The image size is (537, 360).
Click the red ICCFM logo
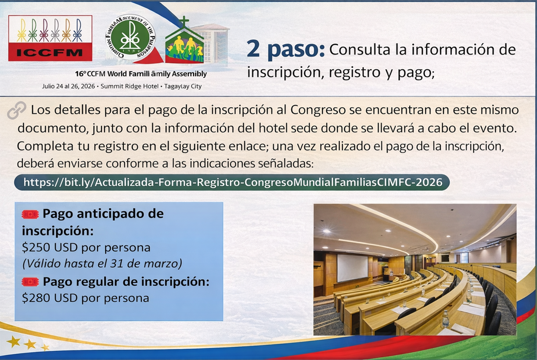click(x=50, y=38)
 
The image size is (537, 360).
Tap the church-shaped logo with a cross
click(x=184, y=42)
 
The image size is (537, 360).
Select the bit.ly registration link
click(x=232, y=182)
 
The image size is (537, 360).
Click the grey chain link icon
click(x=17, y=111)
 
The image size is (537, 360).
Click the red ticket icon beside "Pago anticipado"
click(x=30, y=214)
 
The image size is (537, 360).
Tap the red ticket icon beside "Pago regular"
click(x=30, y=282)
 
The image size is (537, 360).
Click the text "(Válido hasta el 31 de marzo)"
click(x=102, y=264)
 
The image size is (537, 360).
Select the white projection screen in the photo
click(x=352, y=268)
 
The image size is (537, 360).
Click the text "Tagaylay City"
click(x=183, y=86)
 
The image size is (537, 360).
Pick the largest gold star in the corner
click(x=13, y=341)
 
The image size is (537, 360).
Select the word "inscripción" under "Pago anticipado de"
click(x=58, y=231)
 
